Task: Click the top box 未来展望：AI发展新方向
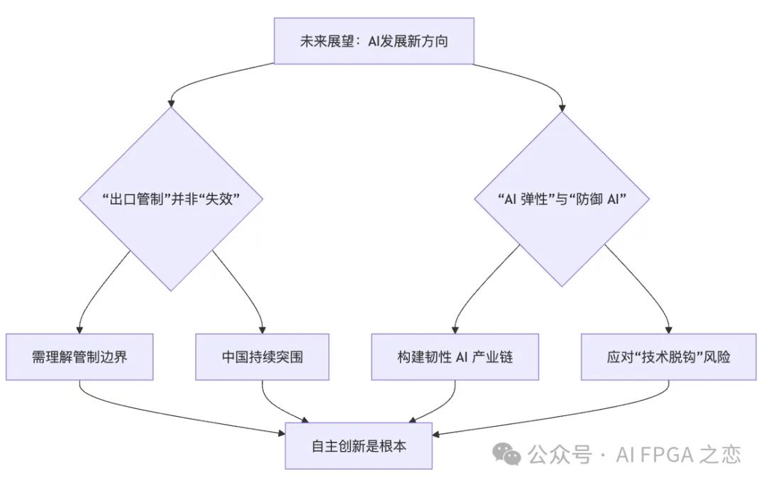374,41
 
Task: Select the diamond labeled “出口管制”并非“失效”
171,199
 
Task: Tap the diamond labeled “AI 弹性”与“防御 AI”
562,199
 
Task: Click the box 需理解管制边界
79,356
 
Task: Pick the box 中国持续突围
262,356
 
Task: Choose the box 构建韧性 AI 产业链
455,356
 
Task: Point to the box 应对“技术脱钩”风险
668,356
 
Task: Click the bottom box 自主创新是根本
359,446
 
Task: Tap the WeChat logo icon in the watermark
507,454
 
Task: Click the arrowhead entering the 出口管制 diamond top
171,104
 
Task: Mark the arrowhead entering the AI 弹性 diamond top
562,108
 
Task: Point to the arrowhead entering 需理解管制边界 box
79,330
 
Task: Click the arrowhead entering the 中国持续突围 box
262,330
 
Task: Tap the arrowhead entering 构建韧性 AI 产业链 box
455,330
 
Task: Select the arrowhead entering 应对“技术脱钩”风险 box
668,330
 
